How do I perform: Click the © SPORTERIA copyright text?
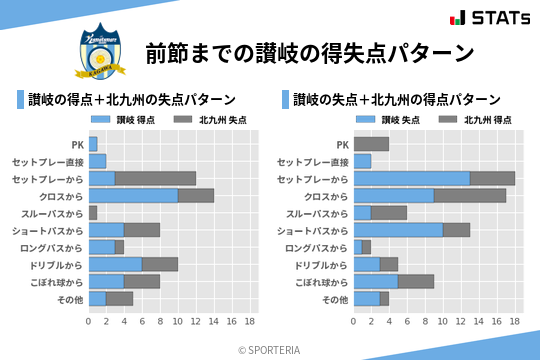pos(270,349)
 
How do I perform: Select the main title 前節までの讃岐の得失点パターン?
pos(308,52)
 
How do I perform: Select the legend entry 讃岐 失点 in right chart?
pos(388,120)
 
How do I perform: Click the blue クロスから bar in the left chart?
pos(133,195)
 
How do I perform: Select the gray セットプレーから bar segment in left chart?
pos(155,178)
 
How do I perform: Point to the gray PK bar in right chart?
pos(371,144)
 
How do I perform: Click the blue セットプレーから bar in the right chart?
pos(411,178)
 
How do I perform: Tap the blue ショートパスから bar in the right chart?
pos(398,230)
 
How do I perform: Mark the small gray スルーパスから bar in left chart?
pos(93,213)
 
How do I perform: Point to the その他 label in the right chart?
pos(331,299)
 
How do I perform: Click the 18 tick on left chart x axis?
pos(249,322)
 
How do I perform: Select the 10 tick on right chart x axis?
pos(443,322)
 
